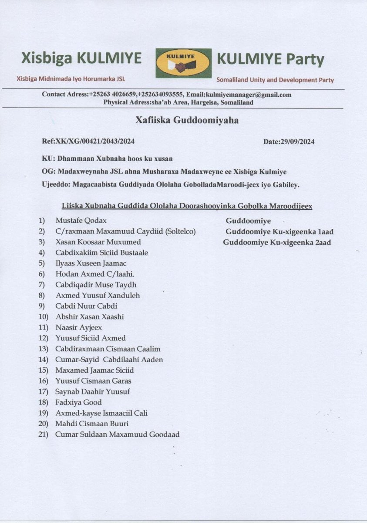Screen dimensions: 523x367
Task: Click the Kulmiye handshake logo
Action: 183,63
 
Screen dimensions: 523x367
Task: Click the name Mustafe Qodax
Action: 81,221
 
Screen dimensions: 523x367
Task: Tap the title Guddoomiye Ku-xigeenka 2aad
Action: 277,242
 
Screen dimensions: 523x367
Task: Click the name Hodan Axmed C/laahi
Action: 89,274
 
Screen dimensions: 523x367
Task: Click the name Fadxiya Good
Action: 78,402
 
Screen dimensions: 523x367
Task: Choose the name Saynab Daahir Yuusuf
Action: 92,391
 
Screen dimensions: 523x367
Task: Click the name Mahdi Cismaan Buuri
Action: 92,424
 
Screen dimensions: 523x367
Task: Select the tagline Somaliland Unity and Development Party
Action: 275,80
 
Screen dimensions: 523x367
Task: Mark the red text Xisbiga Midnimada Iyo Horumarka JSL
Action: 71,79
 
